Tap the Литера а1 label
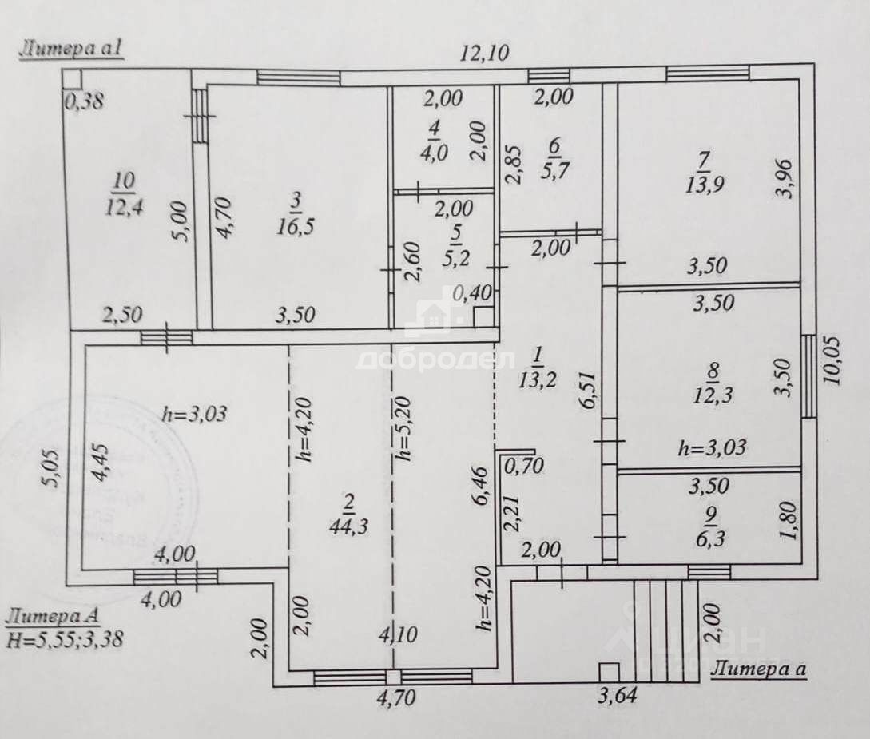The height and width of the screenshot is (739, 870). tap(70, 50)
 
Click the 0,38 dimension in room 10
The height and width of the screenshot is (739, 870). tap(84, 101)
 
